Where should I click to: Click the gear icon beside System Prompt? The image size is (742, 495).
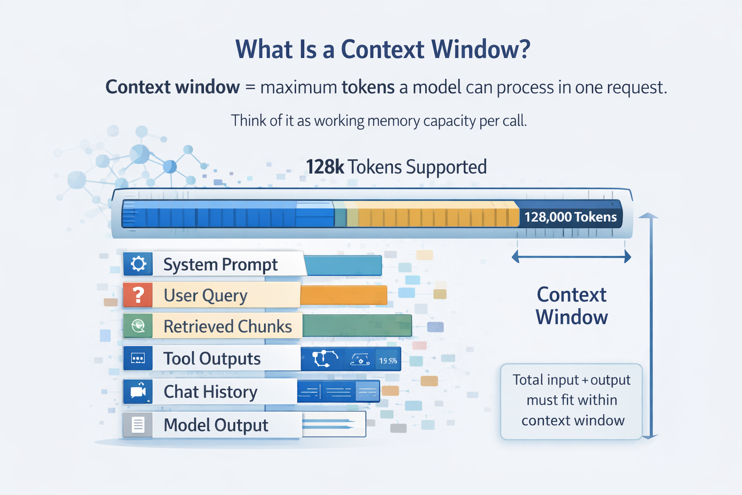pyautogui.click(x=138, y=264)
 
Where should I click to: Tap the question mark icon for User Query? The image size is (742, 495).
pyautogui.click(x=138, y=295)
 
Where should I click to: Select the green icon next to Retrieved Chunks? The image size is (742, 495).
pyautogui.click(x=138, y=326)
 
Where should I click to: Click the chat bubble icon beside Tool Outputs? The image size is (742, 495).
pyautogui.click(x=138, y=359)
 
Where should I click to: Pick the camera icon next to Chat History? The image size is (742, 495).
pyautogui.click(x=138, y=392)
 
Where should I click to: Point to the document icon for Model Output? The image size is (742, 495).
pyautogui.click(x=138, y=425)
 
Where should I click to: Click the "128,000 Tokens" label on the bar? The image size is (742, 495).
pyautogui.click(x=571, y=217)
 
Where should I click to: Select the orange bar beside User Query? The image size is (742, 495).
pyautogui.click(x=343, y=295)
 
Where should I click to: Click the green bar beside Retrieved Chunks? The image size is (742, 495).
pyautogui.click(x=357, y=325)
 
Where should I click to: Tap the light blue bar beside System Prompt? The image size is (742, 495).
pyautogui.click(x=343, y=265)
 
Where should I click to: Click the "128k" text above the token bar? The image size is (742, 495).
pyautogui.click(x=325, y=167)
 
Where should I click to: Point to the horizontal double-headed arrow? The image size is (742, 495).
pyautogui.click(x=571, y=257)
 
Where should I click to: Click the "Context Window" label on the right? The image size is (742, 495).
pyautogui.click(x=571, y=306)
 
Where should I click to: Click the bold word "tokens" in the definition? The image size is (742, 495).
pyautogui.click(x=368, y=87)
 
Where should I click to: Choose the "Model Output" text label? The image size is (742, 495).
pyautogui.click(x=216, y=425)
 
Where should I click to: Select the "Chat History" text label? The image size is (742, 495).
pyautogui.click(x=211, y=392)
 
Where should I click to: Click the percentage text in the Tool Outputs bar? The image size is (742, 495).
pyautogui.click(x=388, y=361)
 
